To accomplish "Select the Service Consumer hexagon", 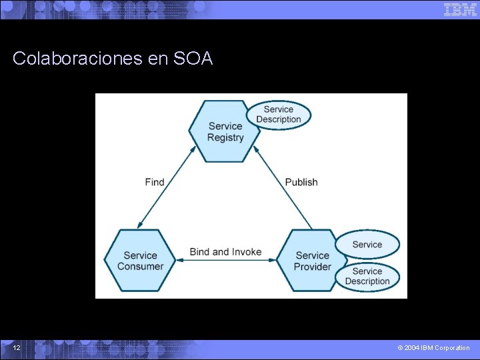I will pyautogui.click(x=140, y=260).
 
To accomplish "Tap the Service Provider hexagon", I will pyautogui.click(x=312, y=260).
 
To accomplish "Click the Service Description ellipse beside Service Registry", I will pyautogui.click(x=279, y=114).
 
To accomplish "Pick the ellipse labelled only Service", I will pyautogui.click(x=367, y=245).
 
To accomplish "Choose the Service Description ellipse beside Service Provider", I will pyautogui.click(x=367, y=276).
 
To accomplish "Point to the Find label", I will pyautogui.click(x=154, y=182).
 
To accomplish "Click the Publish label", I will pyautogui.click(x=301, y=182).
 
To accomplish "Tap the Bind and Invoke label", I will pyautogui.click(x=225, y=252).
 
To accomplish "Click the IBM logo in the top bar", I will pyautogui.click(x=460, y=9).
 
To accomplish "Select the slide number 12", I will pyautogui.click(x=17, y=348).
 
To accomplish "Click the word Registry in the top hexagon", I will pyautogui.click(x=225, y=137).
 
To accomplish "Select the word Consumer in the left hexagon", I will pyautogui.click(x=140, y=266).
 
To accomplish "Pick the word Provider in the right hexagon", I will pyautogui.click(x=312, y=267).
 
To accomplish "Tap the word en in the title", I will pyautogui.click(x=158, y=59).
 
